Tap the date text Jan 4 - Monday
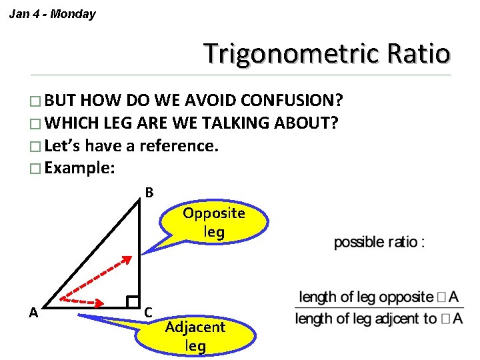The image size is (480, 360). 52,14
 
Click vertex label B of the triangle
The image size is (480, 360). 149,193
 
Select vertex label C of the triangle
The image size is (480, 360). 149,312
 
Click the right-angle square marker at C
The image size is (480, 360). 133,302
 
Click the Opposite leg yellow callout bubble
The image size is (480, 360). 214,223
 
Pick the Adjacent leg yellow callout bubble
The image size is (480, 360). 195,336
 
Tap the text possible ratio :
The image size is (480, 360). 379,242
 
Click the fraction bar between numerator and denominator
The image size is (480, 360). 379,307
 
